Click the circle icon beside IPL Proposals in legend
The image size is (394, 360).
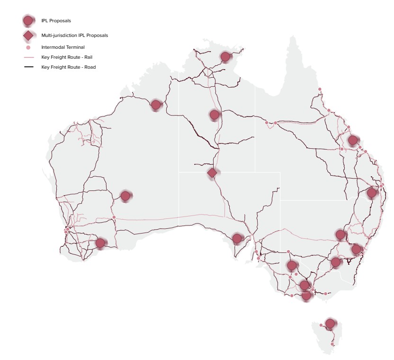28,20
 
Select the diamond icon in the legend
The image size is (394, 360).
28,35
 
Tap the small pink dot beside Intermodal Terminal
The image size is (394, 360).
28,47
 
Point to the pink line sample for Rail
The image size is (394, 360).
28,57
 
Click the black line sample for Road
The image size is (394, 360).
28,67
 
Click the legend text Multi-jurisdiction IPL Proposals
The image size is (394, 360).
74,36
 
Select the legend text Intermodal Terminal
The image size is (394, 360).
63,47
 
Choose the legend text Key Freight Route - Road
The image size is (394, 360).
69,67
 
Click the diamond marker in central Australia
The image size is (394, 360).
212,173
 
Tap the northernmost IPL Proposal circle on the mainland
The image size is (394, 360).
225,57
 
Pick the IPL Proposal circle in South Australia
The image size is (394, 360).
237,238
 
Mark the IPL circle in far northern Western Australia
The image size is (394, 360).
156,105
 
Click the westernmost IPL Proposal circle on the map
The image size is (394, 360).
100,243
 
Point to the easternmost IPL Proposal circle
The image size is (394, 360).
372,193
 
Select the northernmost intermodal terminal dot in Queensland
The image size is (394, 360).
320,89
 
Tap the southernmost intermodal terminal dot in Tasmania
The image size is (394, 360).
332,344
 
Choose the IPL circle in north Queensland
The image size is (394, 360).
352,140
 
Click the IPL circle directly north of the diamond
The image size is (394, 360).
215,115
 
